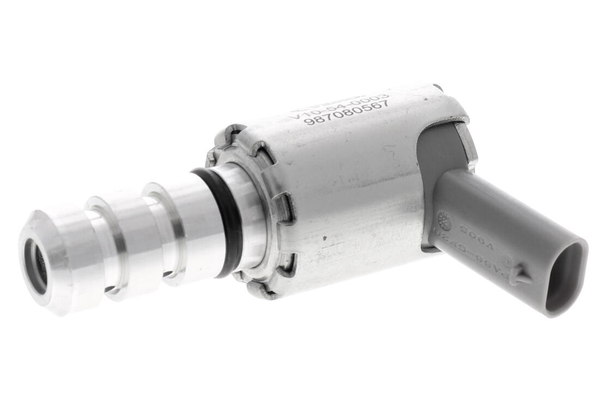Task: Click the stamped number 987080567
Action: (347, 112)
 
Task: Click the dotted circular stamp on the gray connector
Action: (444, 220)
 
